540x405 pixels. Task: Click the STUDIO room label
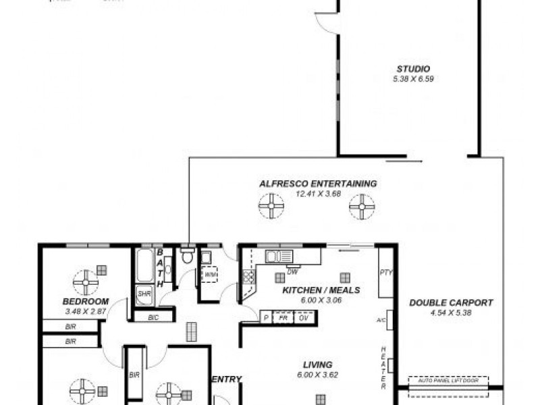click(x=413, y=69)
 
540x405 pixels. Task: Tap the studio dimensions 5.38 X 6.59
click(x=413, y=78)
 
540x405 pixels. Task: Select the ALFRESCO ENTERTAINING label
click(x=318, y=184)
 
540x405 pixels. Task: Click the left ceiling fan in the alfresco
click(x=271, y=206)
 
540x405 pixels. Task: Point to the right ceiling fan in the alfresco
click(x=362, y=206)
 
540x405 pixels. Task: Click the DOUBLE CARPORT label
click(x=451, y=303)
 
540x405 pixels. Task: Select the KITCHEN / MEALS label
click(x=321, y=290)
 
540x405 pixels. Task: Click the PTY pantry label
click(x=385, y=273)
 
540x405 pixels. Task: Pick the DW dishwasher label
click(x=292, y=272)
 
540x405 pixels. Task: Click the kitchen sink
click(x=279, y=256)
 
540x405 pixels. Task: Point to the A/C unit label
click(x=381, y=319)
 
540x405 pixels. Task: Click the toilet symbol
click(x=188, y=256)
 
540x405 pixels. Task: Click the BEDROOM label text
click(x=86, y=302)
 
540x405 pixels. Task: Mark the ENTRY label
click(x=227, y=379)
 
